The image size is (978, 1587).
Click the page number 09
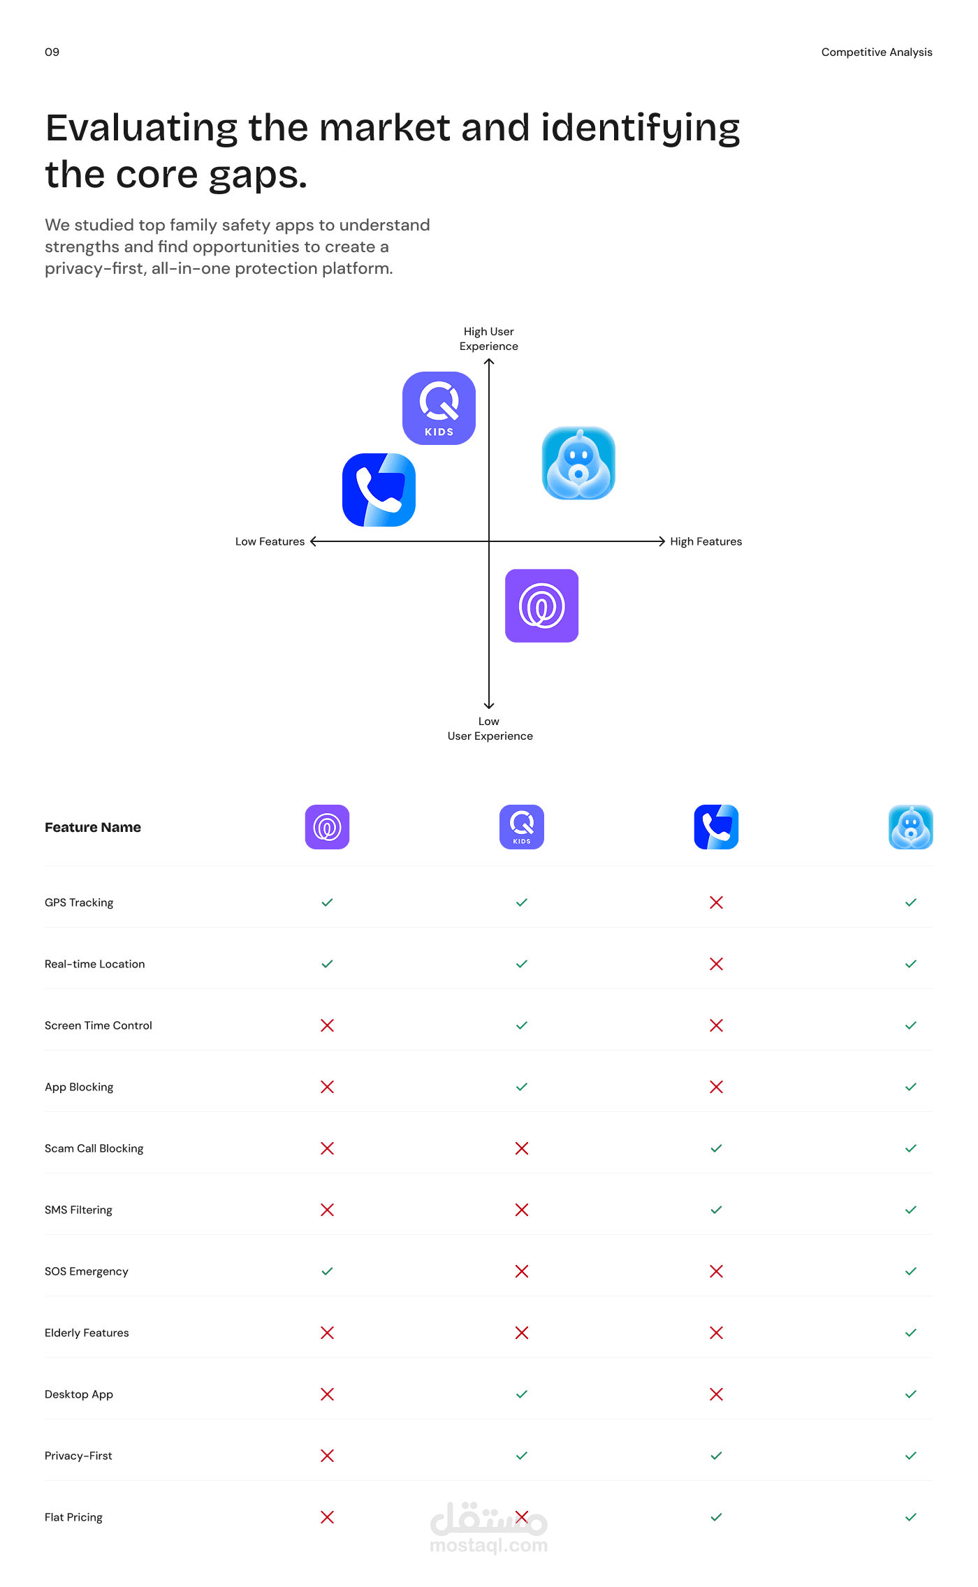52,52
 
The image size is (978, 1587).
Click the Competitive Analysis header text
877,52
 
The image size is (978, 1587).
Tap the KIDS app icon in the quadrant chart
439,408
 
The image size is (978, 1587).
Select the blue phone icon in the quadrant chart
379,490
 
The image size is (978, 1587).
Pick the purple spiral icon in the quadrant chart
541,606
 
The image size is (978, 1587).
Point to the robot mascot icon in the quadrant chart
578,463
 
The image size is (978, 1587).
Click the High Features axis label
706,541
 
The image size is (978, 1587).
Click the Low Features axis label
270,541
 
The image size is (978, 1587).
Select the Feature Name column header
93,827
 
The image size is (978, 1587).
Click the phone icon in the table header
716,827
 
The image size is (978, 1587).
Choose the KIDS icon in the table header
522,827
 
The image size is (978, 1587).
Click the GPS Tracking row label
79,902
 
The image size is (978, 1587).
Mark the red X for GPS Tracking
716,902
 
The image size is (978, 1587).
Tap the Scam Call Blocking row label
94,1148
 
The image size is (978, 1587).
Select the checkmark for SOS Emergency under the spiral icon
327,1271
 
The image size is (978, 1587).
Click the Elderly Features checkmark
911,1333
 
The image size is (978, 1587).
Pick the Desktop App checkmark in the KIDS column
522,1394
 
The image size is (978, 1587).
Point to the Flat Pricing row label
73,1517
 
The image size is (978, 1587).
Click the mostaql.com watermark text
489,1545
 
